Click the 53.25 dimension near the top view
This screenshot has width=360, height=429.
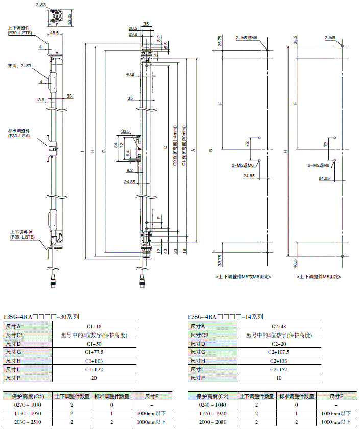[x=69, y=19]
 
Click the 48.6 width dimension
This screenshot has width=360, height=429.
[x=54, y=32]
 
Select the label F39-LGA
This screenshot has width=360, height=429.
[x=19, y=136]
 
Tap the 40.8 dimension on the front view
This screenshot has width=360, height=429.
[x=130, y=74]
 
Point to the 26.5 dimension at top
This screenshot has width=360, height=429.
[x=133, y=28]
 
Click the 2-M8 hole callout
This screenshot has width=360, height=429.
[x=330, y=38]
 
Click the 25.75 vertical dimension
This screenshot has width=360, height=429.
[x=220, y=40]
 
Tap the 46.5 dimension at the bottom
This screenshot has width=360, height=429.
[x=295, y=264]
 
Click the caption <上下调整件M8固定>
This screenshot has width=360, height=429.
[x=318, y=276]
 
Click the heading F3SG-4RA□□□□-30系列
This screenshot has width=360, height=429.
[x=41, y=317]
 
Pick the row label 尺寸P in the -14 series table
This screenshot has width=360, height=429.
[x=198, y=378]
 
